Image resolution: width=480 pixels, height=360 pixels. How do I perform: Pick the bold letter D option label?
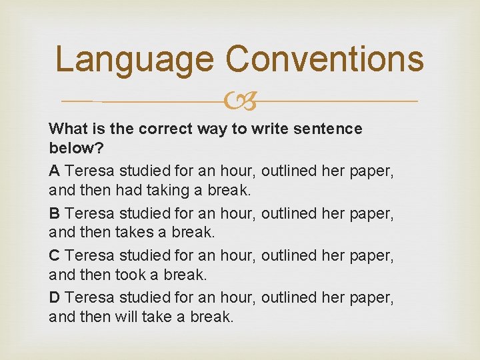tap(55, 297)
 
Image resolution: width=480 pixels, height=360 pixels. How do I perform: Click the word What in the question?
tap(67, 128)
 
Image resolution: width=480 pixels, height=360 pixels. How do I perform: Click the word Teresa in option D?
tap(91, 297)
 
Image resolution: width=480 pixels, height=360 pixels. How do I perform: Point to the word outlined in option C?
tap(289, 255)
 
